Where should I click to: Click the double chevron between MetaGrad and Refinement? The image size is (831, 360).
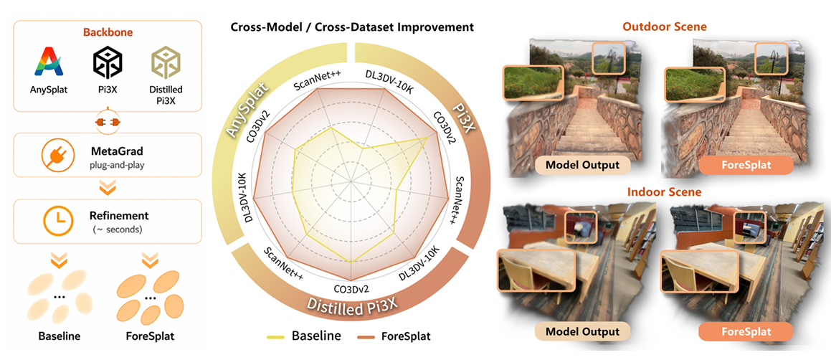[x=108, y=188]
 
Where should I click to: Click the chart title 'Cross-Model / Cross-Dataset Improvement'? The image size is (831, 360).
[x=352, y=27]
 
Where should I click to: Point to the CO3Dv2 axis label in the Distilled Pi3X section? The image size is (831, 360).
[x=351, y=289]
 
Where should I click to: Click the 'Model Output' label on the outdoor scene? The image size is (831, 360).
[x=582, y=165]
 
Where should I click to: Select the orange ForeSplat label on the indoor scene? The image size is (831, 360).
[x=746, y=333]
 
